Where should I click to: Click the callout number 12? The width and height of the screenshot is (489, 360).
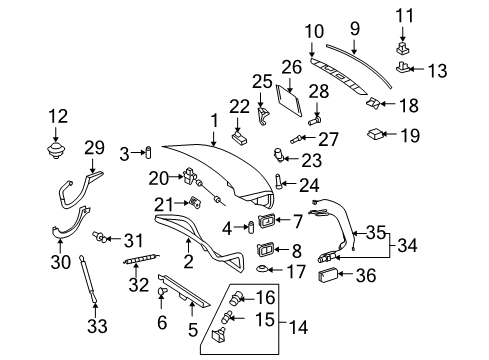pyautogui.click(x=58, y=116)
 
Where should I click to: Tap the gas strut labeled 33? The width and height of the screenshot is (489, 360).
pyautogui.click(x=88, y=279)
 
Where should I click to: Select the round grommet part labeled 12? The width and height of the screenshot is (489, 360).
pyautogui.click(x=55, y=151)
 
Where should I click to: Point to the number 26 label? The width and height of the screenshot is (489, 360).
pyautogui.click(x=292, y=67)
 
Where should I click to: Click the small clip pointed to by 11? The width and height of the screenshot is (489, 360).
pyautogui.click(x=403, y=48)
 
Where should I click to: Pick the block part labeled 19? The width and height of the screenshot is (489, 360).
pyautogui.click(x=375, y=134)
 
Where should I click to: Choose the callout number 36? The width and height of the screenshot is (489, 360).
pyautogui.click(x=366, y=275)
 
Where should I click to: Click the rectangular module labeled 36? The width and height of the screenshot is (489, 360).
pyautogui.click(x=328, y=275)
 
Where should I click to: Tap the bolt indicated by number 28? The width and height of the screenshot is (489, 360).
pyautogui.click(x=314, y=120)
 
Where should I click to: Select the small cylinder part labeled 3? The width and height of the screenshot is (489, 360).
pyautogui.click(x=148, y=153)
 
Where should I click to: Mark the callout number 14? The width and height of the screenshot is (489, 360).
pyautogui.click(x=298, y=327)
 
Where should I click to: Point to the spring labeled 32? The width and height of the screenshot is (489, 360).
pyautogui.click(x=141, y=259)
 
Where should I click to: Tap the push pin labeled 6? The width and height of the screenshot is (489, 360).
pyautogui.click(x=162, y=292)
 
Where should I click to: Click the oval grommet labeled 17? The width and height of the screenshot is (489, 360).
pyautogui.click(x=262, y=268)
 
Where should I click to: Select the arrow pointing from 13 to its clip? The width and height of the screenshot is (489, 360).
pyautogui.click(x=416, y=69)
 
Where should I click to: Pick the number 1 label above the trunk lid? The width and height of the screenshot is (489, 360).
pyautogui.click(x=214, y=121)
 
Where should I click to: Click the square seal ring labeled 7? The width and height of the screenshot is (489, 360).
pyautogui.click(x=267, y=220)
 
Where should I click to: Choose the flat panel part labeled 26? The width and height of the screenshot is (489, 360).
pyautogui.click(x=289, y=100)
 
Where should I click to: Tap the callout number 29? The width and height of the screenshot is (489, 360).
pyautogui.click(x=94, y=148)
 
